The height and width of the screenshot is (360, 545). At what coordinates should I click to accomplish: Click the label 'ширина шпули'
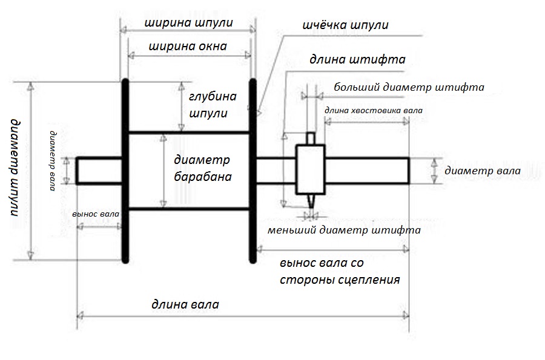(188, 23)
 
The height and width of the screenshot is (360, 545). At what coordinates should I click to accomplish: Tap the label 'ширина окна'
(188, 47)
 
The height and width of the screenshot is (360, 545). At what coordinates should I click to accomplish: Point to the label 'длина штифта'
(358, 60)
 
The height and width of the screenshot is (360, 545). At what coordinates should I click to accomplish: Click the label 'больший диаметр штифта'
(409, 87)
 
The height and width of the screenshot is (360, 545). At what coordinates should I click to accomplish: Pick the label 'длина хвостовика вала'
(374, 110)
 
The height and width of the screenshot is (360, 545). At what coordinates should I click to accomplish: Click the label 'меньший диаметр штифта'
(344, 230)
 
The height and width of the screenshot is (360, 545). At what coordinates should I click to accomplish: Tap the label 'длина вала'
(185, 304)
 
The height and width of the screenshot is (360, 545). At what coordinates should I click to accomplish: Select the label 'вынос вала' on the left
(96, 214)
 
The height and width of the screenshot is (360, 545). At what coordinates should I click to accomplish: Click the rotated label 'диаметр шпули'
(15, 168)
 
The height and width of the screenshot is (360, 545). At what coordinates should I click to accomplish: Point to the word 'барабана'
(203, 177)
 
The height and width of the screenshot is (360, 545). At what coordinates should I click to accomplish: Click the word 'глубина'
(213, 97)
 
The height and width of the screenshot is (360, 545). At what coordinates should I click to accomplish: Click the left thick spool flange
(125, 171)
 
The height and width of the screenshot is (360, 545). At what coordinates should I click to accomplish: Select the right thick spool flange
(253, 171)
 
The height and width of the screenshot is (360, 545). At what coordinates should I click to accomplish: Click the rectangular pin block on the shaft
(311, 169)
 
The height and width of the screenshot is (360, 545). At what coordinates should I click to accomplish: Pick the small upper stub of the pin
(311, 139)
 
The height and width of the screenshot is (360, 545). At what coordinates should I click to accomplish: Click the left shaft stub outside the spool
(99, 171)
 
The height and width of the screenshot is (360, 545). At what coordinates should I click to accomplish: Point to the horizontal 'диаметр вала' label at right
(483, 171)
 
